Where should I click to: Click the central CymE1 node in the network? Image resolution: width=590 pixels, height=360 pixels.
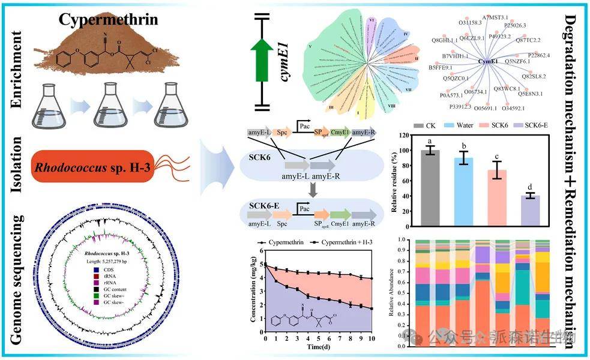[x=487, y=61]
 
